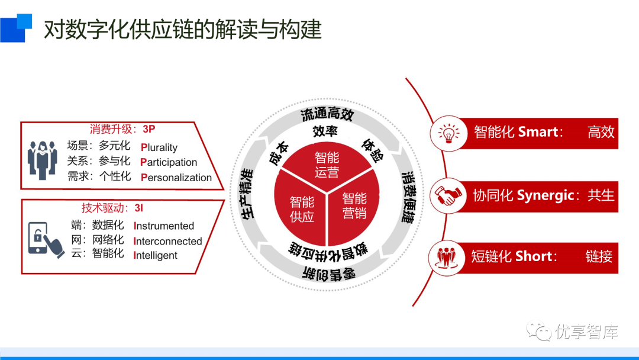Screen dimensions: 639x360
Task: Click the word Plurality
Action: (159, 147)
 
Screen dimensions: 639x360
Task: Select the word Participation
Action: (169, 162)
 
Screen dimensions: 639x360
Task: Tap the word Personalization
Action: (176, 177)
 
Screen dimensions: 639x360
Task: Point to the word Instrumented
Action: (164, 226)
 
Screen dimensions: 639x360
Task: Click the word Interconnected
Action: (168, 241)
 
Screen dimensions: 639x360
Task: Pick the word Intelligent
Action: (156, 255)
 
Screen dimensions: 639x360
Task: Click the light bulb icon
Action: (449, 133)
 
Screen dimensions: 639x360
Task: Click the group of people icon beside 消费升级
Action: (42, 160)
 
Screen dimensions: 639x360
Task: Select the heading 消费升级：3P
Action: (122, 128)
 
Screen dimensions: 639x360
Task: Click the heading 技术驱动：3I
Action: (112, 208)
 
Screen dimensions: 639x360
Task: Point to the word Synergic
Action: (546, 195)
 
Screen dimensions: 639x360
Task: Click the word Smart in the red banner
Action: (538, 132)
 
